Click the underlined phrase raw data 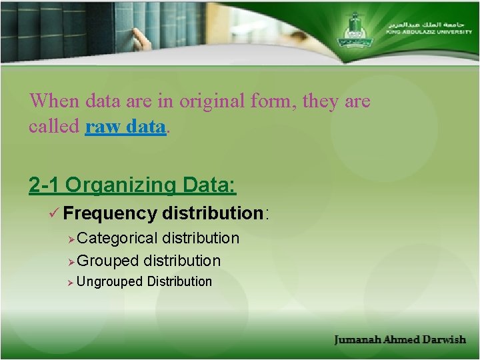click(x=125, y=127)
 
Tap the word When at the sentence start click(x=54, y=101)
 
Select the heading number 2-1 click(x=45, y=185)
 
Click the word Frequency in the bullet click(x=110, y=213)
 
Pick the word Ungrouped click(x=110, y=282)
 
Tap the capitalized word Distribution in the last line click(x=179, y=281)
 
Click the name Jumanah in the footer click(x=357, y=340)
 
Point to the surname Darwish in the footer click(x=443, y=340)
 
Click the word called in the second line click(x=54, y=127)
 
